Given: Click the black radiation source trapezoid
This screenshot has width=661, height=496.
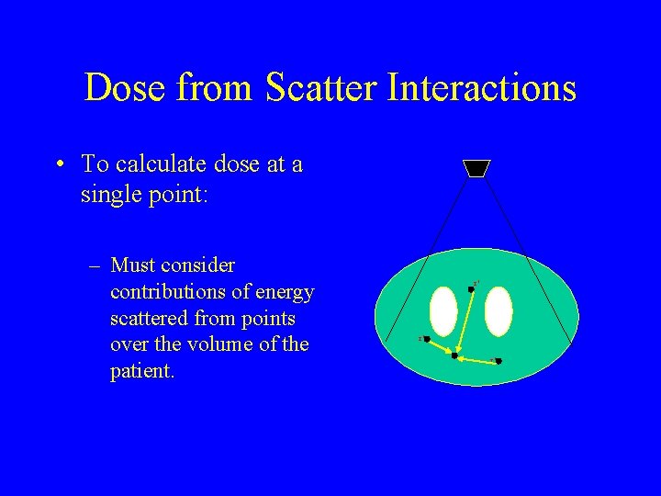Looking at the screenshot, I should click(x=477, y=168).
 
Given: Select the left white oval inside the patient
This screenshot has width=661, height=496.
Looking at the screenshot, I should click(x=443, y=311).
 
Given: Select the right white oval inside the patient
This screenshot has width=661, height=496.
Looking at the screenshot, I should click(x=498, y=311).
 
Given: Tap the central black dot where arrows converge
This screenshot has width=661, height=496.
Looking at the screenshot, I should click(x=454, y=355).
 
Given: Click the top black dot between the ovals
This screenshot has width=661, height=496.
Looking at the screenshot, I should click(x=471, y=288).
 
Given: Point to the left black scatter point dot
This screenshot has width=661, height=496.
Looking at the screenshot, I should click(x=427, y=339).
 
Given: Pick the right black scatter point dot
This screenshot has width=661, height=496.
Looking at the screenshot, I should click(x=498, y=362).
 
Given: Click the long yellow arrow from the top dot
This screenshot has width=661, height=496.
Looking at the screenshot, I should click(x=464, y=321).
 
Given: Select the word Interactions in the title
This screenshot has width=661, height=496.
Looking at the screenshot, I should click(x=482, y=88).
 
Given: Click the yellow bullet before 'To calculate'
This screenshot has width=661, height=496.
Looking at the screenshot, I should click(x=59, y=165).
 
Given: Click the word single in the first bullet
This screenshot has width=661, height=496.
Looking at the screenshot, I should click(x=111, y=195).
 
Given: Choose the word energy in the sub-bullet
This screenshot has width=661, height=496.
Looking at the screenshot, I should click(x=285, y=292).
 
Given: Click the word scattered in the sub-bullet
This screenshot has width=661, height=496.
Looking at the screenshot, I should click(x=147, y=319).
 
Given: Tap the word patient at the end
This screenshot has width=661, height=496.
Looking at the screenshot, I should click(x=140, y=372).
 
